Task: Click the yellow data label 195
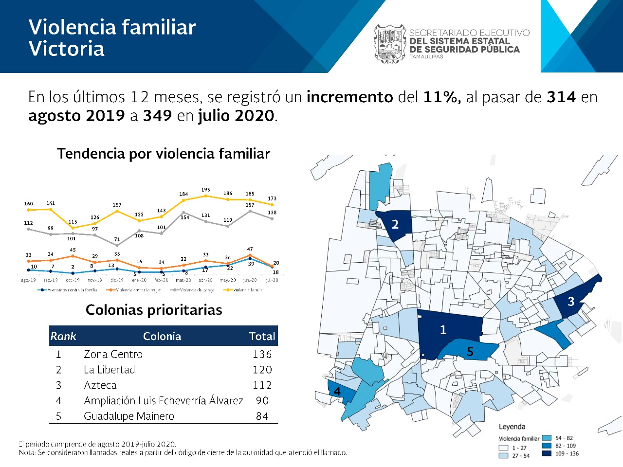205,190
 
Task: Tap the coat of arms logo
389,44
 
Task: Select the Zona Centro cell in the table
113,354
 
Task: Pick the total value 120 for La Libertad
262,370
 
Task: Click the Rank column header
63,336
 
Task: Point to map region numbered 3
571,302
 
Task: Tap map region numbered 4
337,391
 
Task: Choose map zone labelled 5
470,351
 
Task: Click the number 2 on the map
395,224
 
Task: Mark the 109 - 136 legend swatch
547,453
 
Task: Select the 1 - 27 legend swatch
503,448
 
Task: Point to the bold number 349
157,116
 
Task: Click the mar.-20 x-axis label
183,280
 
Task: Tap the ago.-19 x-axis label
28,280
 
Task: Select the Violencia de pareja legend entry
193,290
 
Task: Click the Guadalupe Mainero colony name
129,416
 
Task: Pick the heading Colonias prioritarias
154,310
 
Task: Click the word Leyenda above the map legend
512,427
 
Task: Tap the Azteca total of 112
262,385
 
